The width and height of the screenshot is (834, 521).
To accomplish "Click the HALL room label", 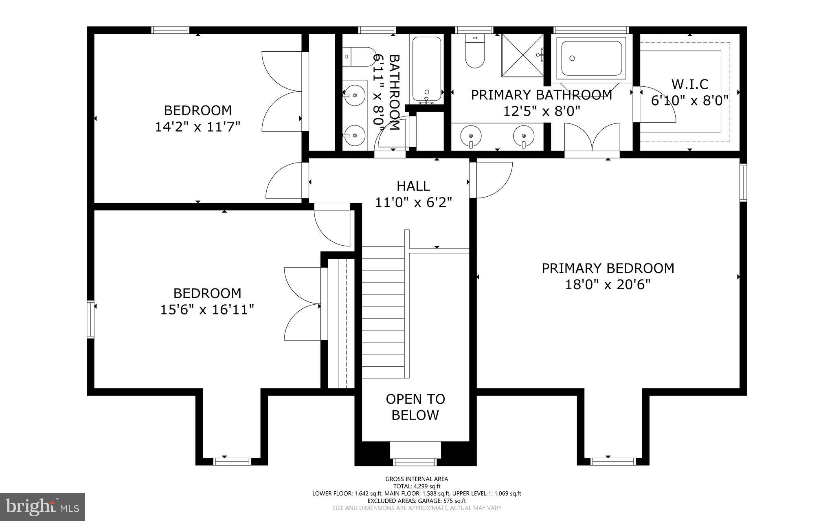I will click(413, 186).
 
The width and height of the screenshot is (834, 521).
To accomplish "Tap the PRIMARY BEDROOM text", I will click(608, 268).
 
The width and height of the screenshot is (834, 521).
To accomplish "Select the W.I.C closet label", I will click(689, 84).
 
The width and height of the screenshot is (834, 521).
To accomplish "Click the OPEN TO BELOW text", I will click(415, 407).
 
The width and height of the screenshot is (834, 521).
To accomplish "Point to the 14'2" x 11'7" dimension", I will click(198, 127).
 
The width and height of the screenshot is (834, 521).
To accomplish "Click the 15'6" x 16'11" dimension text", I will click(207, 310).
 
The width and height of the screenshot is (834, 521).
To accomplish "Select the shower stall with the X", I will click(522, 55).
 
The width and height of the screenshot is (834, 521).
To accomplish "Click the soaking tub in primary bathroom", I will click(592, 58).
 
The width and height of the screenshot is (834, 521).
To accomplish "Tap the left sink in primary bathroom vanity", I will click(471, 134).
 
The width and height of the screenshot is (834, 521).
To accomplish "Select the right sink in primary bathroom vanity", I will click(523, 134).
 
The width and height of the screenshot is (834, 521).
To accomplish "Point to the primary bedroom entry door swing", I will click(492, 179).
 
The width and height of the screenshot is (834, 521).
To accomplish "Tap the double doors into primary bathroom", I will click(592, 138).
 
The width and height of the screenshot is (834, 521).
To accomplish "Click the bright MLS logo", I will click(42, 507).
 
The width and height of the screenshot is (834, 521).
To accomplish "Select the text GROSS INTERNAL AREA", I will click(417, 479).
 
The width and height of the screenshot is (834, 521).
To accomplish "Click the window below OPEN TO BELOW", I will click(415, 462).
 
